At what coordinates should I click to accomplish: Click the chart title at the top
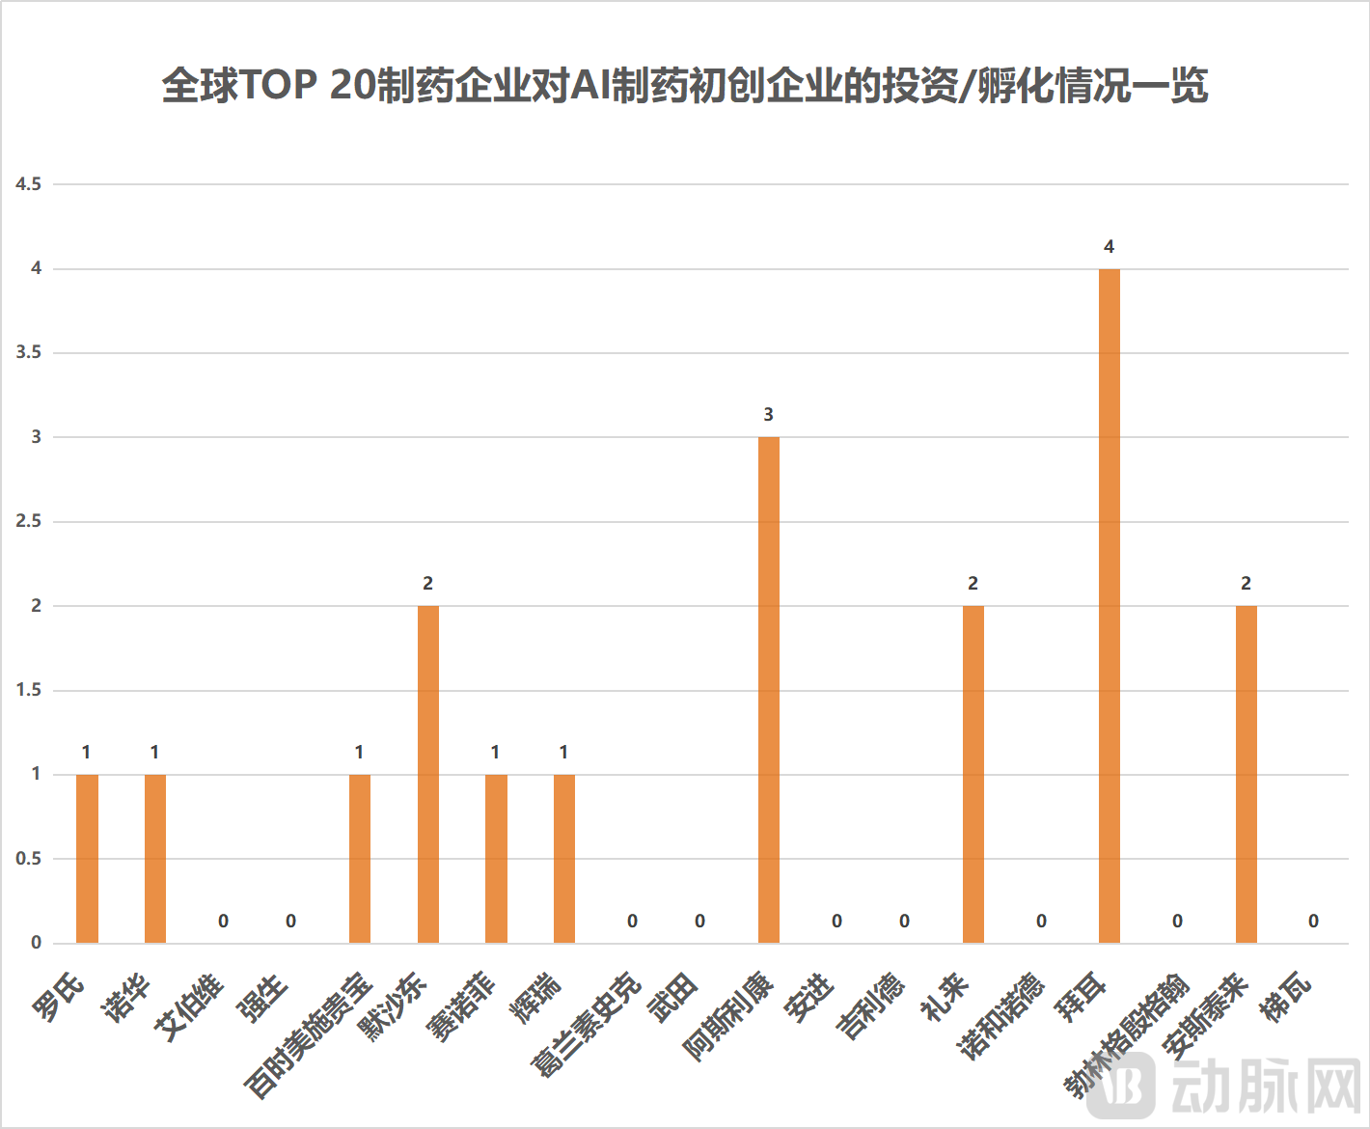coord(684,85)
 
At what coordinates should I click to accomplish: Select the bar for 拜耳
coord(1109,606)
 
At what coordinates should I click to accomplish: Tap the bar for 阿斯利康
coord(768,690)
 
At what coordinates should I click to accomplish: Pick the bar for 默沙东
coord(427,774)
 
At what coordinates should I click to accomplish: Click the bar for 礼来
coord(973,774)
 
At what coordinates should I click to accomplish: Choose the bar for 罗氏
coord(87,859)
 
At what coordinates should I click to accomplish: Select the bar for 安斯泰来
coord(1246,774)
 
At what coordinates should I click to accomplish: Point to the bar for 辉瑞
coord(563,859)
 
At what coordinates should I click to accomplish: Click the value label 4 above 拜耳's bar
coord(1109,247)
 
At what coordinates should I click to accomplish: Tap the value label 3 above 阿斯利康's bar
coord(768,415)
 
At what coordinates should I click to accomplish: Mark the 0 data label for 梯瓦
coord(1313,922)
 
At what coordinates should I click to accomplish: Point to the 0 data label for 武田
coord(699,922)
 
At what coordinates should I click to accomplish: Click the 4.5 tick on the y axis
coord(29,184)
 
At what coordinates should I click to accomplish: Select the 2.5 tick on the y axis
coord(29,521)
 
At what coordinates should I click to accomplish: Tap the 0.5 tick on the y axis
coord(29,859)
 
